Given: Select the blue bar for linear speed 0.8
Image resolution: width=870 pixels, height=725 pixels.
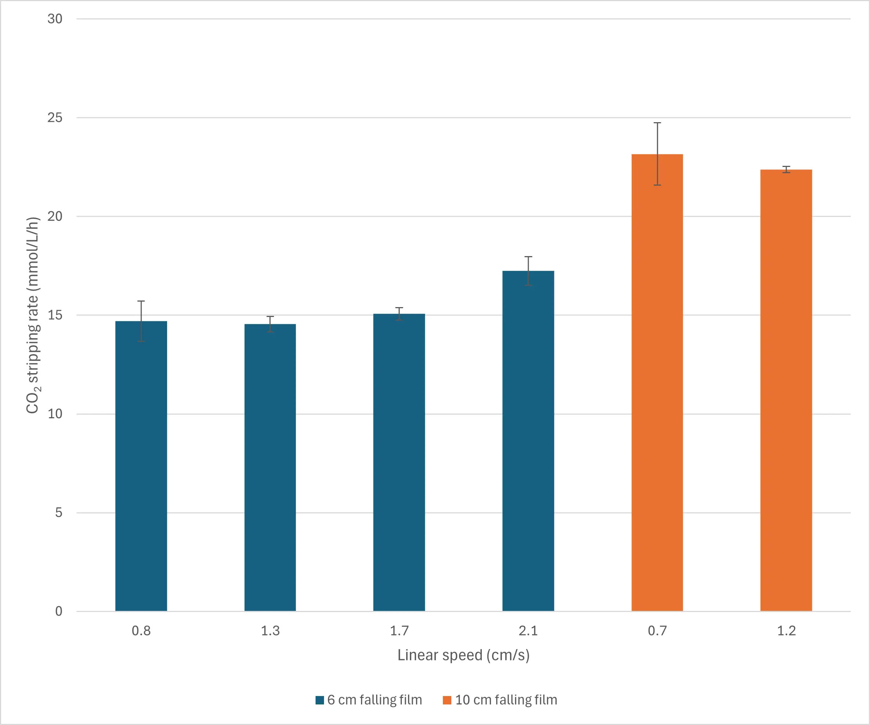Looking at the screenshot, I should click(141, 466).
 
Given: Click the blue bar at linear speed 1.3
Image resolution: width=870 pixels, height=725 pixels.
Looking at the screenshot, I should click(270, 467).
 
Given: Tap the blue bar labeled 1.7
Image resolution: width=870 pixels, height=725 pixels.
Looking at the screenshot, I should click(399, 462).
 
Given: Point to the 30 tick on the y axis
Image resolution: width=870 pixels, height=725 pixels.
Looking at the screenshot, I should click(55, 19).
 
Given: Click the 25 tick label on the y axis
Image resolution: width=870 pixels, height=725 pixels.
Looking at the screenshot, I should click(55, 118).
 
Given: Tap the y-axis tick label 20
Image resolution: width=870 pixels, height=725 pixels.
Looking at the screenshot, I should click(55, 216).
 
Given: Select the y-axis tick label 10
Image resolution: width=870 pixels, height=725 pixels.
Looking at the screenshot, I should click(55, 414).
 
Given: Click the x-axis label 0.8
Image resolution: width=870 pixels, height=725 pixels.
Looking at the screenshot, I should click(141, 631).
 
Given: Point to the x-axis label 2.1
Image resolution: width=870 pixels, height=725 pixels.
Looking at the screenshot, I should click(528, 631).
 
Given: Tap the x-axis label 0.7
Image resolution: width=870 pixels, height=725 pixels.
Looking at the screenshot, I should click(657, 631).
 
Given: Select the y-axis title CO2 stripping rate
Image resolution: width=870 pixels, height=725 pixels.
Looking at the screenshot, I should click(33, 315).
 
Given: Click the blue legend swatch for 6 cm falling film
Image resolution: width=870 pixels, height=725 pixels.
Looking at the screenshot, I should click(319, 700).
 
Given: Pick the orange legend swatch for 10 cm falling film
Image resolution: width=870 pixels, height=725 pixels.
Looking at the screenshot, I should click(447, 700).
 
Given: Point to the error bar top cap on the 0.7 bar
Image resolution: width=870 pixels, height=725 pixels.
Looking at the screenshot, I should click(657, 123).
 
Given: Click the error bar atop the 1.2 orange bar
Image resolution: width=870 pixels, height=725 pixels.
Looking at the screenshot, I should click(786, 170).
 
